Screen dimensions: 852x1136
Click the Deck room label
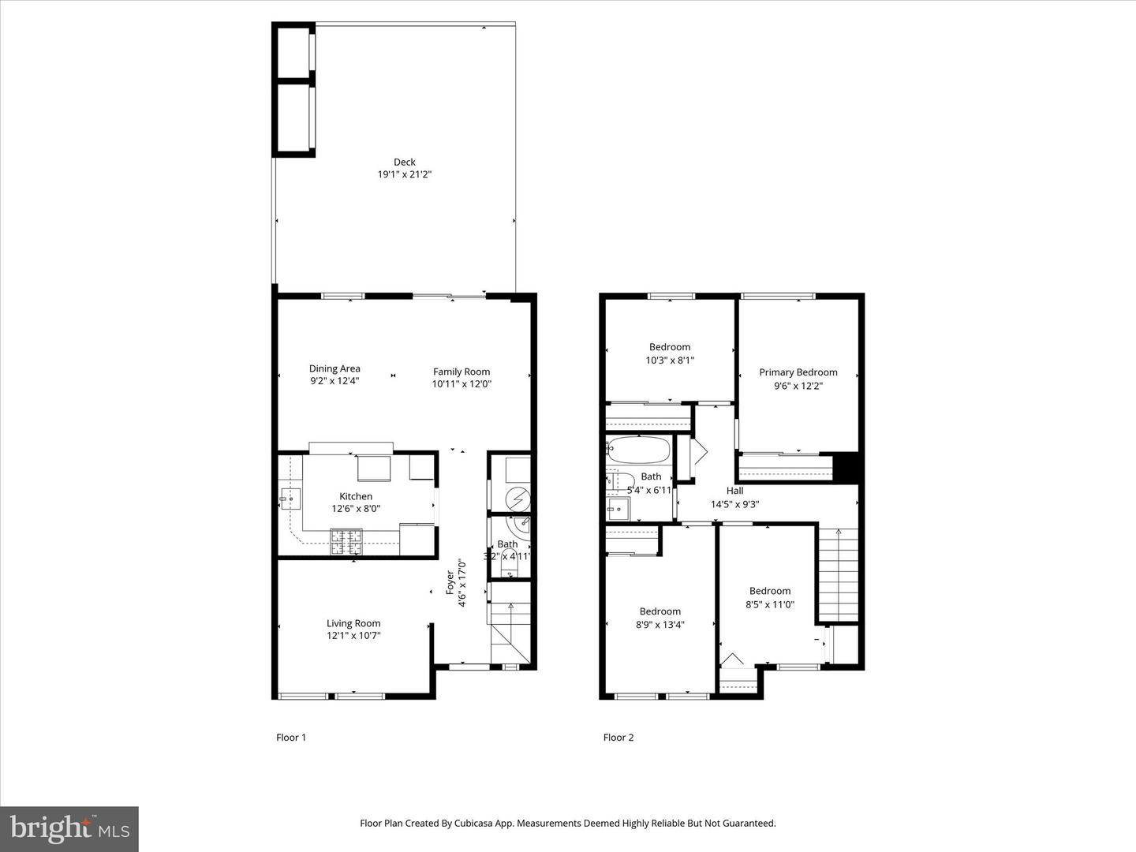(405, 163)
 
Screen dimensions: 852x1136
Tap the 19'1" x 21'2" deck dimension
(405, 175)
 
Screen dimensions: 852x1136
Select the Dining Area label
(334, 368)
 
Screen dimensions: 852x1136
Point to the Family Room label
(461, 372)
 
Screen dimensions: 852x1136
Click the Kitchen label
(356, 496)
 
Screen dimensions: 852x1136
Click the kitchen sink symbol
(290, 499)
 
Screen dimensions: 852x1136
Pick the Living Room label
(353, 623)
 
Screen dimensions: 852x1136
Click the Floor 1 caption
(291, 738)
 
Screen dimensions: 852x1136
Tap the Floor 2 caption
(618, 738)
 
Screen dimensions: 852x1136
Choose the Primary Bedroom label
(798, 372)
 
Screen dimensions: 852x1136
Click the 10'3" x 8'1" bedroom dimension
(670, 360)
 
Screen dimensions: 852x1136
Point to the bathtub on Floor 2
(639, 451)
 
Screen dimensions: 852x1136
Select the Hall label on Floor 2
(734, 491)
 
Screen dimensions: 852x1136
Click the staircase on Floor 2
(838, 574)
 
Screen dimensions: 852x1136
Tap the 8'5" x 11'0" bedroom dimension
(770, 604)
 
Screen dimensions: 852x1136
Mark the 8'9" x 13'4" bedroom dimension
(660, 625)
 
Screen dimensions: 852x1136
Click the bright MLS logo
(69, 828)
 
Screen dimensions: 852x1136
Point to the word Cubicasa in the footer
(474, 823)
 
